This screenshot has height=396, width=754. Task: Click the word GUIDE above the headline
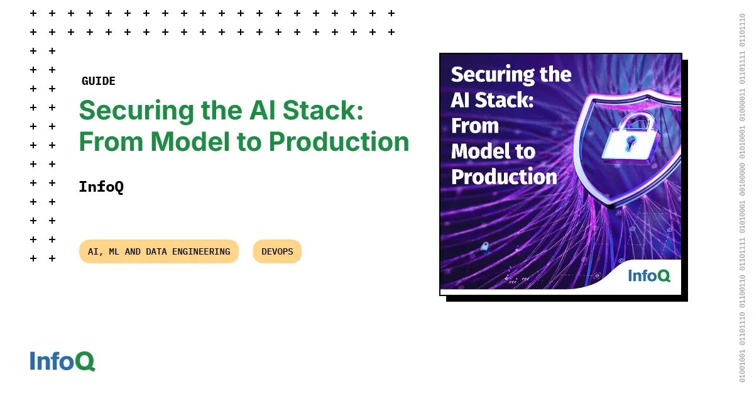[x=99, y=81]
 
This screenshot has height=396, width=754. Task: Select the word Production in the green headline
[x=339, y=142]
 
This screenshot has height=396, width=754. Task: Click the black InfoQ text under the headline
[x=101, y=187]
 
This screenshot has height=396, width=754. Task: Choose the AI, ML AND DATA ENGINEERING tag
[x=159, y=251]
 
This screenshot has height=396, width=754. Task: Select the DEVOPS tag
[x=277, y=251]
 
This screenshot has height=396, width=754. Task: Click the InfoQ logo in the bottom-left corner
[x=62, y=361]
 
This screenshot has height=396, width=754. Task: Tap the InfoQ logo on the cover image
[x=649, y=275]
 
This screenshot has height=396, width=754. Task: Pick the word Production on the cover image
[x=504, y=177]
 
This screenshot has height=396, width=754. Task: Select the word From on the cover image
[x=475, y=126]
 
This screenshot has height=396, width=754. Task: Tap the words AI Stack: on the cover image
[x=492, y=100]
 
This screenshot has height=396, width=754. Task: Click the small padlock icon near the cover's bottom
[x=484, y=246]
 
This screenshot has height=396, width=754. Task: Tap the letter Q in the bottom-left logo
[x=85, y=361]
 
